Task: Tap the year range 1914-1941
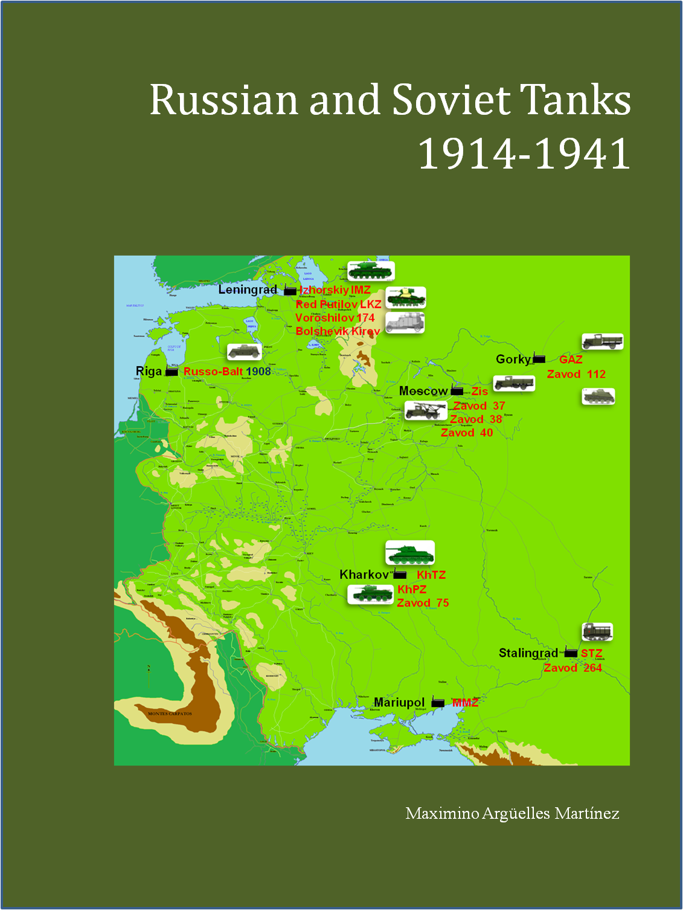click(x=524, y=153)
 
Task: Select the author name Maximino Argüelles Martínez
click(x=512, y=813)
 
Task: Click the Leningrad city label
click(x=248, y=290)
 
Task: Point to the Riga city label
click(x=149, y=371)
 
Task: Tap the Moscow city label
click(x=423, y=391)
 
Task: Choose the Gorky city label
click(x=513, y=359)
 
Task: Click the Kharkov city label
click(x=364, y=575)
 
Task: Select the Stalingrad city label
click(x=528, y=653)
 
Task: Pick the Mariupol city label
click(x=399, y=702)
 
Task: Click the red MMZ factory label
click(x=465, y=702)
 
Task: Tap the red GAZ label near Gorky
click(x=571, y=360)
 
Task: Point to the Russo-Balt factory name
click(x=213, y=372)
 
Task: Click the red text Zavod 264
click(x=572, y=668)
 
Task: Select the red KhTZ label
click(x=431, y=575)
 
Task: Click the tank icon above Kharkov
click(x=410, y=553)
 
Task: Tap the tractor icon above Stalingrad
click(x=597, y=632)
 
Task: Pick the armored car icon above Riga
click(x=244, y=352)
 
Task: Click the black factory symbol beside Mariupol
click(x=438, y=703)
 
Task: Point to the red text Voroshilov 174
click(x=335, y=318)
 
